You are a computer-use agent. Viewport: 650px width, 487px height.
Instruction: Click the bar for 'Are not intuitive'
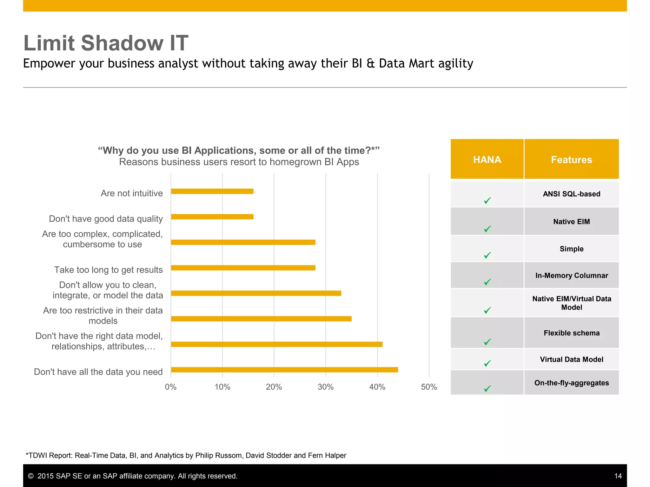[212, 191]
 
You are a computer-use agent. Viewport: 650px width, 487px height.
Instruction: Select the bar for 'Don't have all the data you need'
[284, 370]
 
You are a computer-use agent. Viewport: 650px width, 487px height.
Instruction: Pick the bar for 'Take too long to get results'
[243, 268]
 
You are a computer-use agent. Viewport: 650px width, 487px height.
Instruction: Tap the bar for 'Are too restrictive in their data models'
[261, 319]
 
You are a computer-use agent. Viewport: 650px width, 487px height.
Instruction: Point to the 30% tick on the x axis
[326, 387]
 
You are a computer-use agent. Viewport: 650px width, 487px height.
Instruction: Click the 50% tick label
[429, 387]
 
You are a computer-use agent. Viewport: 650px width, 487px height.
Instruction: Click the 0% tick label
[171, 387]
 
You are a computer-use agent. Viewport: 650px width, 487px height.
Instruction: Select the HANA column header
[487, 159]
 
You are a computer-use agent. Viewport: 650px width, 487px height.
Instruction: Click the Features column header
[571, 159]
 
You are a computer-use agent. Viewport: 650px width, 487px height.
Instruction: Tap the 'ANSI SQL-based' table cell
[571, 194]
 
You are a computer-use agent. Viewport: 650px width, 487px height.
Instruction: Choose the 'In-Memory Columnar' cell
[571, 276]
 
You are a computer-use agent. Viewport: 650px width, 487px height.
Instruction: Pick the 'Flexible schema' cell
[571, 333]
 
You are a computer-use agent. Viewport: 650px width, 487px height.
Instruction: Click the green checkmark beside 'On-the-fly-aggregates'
[487, 388]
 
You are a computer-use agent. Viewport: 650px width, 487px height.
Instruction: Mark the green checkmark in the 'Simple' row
[487, 255]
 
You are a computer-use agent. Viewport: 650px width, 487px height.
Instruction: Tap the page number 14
[618, 476]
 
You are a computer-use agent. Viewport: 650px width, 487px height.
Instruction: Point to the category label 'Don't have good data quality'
[106, 219]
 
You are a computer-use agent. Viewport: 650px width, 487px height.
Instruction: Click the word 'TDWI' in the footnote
[38, 455]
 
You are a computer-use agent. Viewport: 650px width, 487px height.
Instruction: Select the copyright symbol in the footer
[31, 476]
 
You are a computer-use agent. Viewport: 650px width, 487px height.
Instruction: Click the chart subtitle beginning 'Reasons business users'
[239, 162]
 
